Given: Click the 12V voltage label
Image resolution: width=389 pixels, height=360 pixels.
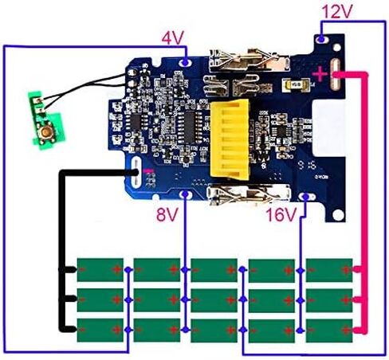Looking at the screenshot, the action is (x=337, y=12).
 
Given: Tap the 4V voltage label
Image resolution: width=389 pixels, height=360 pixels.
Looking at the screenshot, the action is (x=173, y=37).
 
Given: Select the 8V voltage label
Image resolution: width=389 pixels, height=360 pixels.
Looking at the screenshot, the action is (x=167, y=214).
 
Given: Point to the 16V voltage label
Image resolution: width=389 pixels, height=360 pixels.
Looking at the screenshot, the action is (x=281, y=214).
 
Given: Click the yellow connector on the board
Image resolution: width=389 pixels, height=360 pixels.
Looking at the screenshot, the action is (x=230, y=139).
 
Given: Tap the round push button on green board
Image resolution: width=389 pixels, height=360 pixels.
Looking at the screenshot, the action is (x=46, y=131).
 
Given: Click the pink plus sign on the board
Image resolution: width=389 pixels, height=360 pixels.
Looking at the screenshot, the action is (x=320, y=73).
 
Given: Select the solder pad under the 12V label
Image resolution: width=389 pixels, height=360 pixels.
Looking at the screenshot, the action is (x=321, y=40).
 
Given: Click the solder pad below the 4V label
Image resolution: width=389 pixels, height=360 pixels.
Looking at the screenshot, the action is (x=186, y=63).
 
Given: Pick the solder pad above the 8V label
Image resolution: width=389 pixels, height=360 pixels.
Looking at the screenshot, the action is (x=186, y=194).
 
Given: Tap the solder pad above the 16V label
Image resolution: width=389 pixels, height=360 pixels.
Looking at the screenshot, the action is (x=307, y=197).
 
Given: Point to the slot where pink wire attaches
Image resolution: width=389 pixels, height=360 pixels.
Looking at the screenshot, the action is (x=335, y=75).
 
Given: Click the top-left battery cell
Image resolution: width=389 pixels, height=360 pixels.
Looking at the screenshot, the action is (x=100, y=270).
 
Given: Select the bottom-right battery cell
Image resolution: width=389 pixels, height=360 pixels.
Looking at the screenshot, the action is (x=329, y=331).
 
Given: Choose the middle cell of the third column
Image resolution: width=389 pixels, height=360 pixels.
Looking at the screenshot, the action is (x=214, y=300).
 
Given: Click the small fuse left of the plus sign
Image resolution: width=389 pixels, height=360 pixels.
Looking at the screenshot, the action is (x=296, y=84).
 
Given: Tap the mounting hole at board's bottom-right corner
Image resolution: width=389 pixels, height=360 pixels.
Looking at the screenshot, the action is (x=338, y=214).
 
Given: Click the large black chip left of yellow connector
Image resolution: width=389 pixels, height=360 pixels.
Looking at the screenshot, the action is (x=189, y=127).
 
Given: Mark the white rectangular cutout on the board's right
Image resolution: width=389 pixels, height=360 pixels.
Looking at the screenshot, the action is (x=328, y=128).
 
